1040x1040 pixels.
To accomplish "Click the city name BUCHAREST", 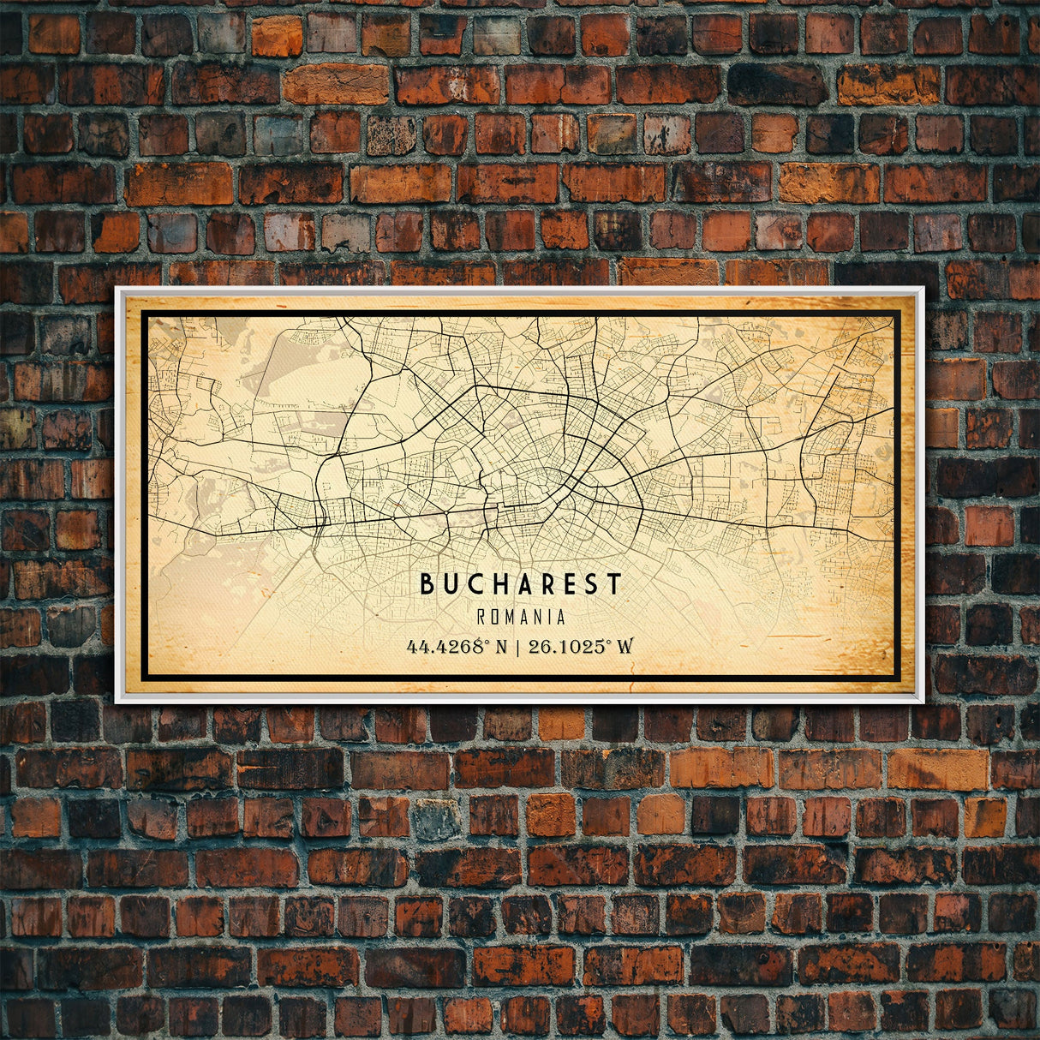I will point(520,584).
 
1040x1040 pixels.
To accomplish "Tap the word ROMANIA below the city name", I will point(521,617).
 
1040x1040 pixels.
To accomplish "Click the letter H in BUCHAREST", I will point(497,584).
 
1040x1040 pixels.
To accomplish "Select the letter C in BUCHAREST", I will point(474,584).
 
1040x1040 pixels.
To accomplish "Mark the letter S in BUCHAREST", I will point(591,584).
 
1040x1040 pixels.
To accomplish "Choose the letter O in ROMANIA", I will point(495,617).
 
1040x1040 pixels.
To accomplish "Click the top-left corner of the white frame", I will point(117,289).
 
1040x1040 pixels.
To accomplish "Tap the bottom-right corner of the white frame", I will point(923,702).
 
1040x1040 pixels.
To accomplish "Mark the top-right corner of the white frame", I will point(923,289).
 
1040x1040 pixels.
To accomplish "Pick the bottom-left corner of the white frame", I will point(117,702).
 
